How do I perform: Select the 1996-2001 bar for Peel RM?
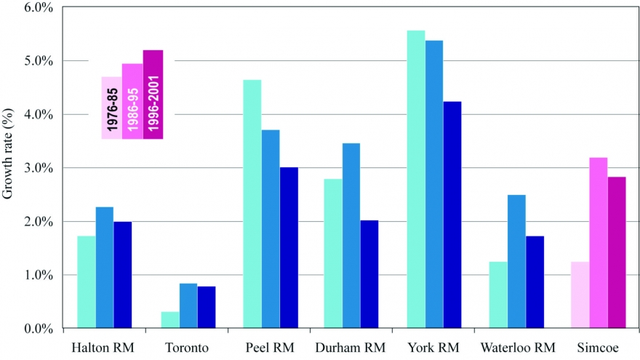coord(289,247)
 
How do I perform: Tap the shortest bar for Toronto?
coord(170,320)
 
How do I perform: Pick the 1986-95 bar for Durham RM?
coord(351,236)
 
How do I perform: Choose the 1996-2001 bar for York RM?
coord(452,215)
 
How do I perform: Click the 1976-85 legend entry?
coord(111,108)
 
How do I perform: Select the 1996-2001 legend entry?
coord(153,95)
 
